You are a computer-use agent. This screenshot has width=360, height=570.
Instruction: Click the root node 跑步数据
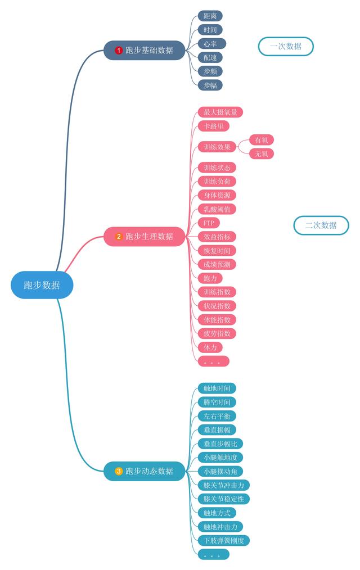[x=42, y=285]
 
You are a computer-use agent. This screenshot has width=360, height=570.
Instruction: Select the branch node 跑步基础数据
[x=144, y=50]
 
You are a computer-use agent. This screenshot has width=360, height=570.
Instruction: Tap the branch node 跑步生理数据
[x=145, y=236]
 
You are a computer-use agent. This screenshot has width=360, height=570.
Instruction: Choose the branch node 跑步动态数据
[x=145, y=471]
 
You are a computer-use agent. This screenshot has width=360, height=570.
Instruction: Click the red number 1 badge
[x=119, y=51]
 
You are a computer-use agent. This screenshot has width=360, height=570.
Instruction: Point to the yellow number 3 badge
[x=119, y=471]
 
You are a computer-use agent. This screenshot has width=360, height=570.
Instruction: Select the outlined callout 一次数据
[x=286, y=46]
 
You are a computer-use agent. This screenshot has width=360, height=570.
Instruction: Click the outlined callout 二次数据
[x=321, y=225]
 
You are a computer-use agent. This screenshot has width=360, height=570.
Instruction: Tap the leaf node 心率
[x=211, y=43]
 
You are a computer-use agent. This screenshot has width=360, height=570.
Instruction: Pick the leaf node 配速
[x=210, y=57]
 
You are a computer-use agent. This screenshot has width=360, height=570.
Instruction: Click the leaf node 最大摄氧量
[x=220, y=112]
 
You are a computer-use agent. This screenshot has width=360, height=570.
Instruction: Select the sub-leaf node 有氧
[x=262, y=140]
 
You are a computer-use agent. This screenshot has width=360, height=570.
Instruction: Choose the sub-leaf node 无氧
[x=262, y=153]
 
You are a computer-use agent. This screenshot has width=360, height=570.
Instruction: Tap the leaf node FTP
[x=209, y=223]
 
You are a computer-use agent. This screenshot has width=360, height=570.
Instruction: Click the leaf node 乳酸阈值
[x=217, y=209]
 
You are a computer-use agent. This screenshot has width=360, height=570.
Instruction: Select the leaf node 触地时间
[x=217, y=388]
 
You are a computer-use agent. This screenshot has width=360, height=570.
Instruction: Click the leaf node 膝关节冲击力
[x=224, y=485]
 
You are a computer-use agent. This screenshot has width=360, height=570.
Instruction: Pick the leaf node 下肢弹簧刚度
[x=224, y=540]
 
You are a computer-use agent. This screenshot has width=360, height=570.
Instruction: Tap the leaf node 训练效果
[x=217, y=147]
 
